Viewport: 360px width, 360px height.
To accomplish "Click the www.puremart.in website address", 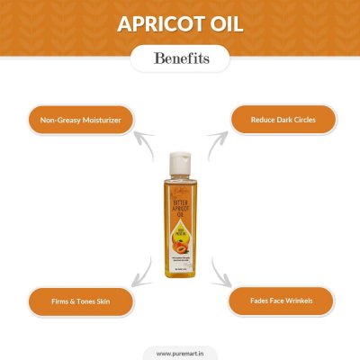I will tap(180, 354).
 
